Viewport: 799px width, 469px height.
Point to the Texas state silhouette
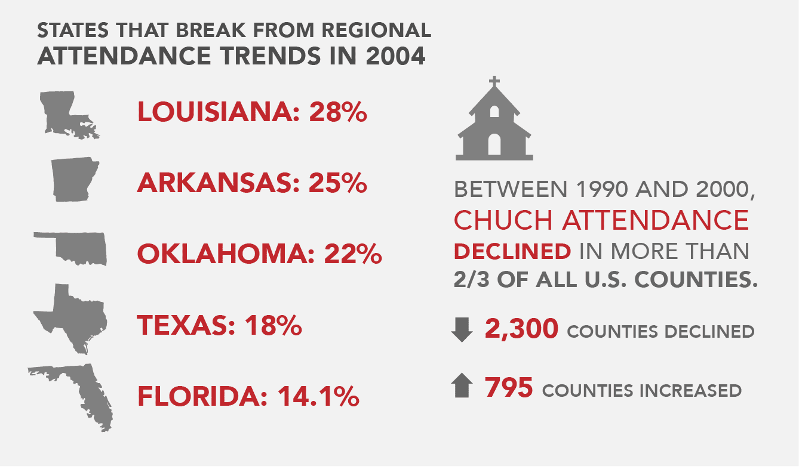(72, 316)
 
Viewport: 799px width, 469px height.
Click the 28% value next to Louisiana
(337, 113)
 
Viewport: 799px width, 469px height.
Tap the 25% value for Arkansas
(337, 183)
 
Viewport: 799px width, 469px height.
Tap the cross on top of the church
(494, 82)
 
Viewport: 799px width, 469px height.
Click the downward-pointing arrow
(462, 330)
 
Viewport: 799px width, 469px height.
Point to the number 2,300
(522, 329)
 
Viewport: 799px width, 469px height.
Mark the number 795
(508, 388)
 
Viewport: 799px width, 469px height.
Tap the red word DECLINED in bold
(512, 252)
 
